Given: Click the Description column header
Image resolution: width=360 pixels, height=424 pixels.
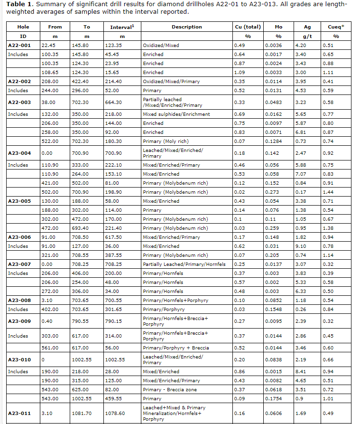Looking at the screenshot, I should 186,27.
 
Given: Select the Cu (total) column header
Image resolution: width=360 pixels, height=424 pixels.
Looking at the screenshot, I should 248,27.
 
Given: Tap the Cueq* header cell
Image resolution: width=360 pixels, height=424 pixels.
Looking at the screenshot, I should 336,27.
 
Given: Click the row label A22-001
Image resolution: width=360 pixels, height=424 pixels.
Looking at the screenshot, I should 19,45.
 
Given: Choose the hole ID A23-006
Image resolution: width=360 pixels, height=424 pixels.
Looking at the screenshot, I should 19,237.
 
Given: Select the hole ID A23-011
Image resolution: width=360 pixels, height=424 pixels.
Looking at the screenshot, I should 19,413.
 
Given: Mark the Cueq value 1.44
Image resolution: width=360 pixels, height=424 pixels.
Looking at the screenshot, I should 326,192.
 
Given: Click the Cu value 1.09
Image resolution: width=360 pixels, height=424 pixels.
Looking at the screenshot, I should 239,72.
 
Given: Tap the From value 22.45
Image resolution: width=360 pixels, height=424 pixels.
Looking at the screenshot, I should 48,45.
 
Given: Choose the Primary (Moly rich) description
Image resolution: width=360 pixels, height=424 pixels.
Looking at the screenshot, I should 164,141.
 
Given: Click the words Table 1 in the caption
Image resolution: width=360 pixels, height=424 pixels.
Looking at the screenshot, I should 19,4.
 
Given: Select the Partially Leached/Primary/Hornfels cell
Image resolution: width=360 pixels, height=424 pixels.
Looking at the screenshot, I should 184,264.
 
